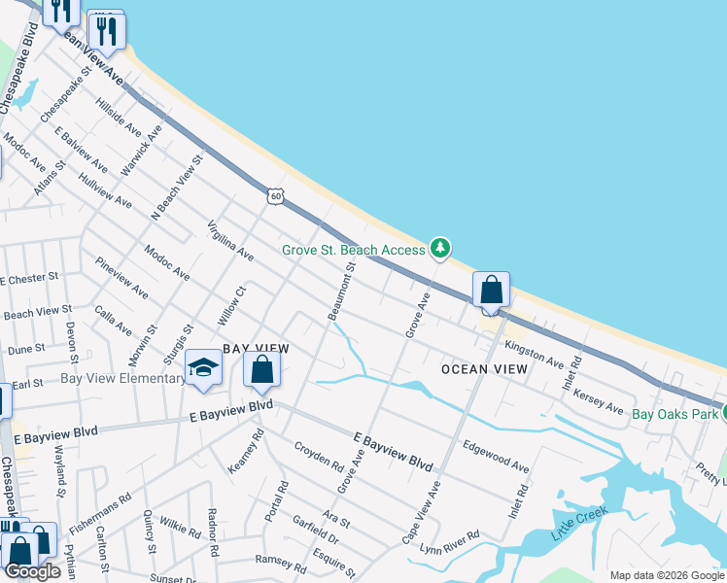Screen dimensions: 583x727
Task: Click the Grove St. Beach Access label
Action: [354, 250]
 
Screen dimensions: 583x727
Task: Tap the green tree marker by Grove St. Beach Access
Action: [441, 249]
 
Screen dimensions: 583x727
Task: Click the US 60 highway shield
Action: [277, 196]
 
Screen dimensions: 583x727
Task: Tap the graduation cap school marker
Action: [204, 367]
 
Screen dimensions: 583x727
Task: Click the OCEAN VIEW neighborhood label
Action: [484, 369]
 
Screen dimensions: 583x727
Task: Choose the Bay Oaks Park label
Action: [675, 414]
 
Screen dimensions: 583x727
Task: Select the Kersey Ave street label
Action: [599, 400]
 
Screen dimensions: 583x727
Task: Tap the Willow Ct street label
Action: [231, 303]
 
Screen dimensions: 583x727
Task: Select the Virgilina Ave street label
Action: [230, 241]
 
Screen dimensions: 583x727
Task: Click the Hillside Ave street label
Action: [118, 117]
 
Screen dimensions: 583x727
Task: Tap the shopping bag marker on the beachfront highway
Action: [492, 291]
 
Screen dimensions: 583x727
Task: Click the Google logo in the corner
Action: [32, 571]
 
